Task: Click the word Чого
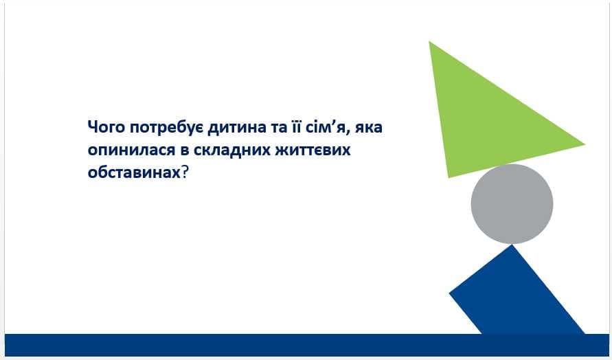click(106, 127)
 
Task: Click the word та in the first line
click(278, 128)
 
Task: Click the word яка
click(368, 128)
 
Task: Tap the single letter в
click(185, 150)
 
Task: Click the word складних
click(232, 150)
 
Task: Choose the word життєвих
click(313, 150)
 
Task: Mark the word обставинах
click(134, 172)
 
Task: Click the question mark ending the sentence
click(185, 171)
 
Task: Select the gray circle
click(512, 204)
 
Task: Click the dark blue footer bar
click(307, 345)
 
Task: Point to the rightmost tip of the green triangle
click(585, 144)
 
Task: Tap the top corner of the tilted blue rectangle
click(511, 245)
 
